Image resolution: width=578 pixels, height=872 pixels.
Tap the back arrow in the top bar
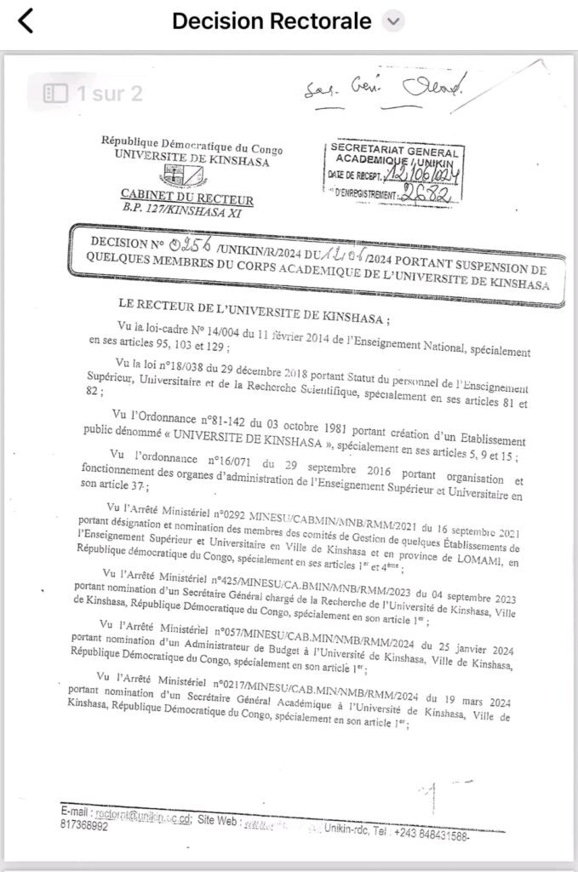click(x=26, y=21)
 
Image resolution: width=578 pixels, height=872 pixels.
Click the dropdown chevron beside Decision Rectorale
click(x=392, y=21)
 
